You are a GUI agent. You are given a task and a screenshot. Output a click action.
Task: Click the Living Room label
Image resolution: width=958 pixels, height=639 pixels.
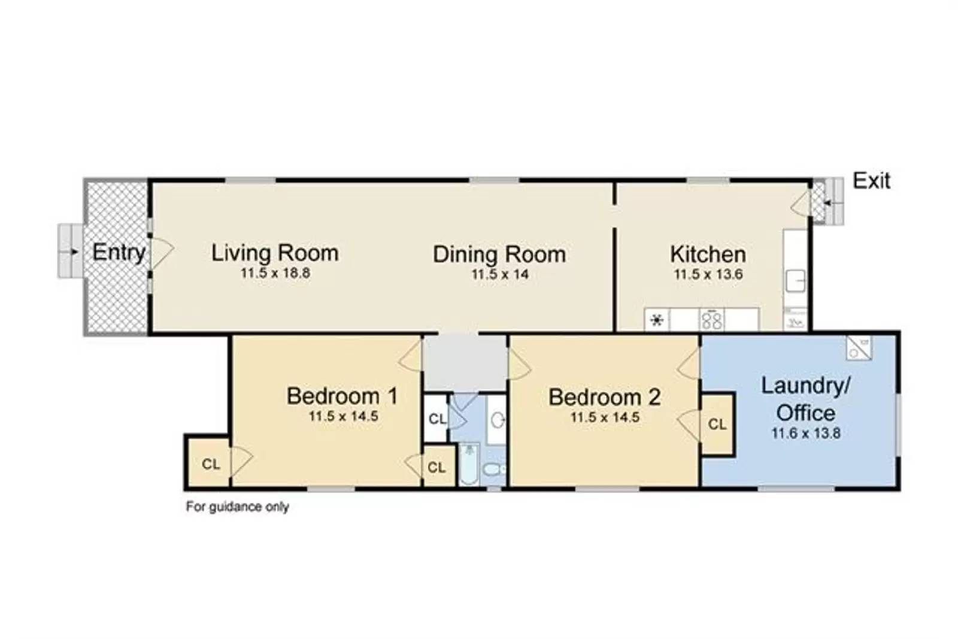pos(275,253)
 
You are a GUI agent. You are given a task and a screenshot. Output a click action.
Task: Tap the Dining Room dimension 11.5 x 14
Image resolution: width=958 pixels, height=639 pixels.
pos(499,275)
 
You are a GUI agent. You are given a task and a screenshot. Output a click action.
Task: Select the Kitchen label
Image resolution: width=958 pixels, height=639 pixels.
pos(708,255)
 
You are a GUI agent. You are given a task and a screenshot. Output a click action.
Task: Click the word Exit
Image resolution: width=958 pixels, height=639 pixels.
pos(871,181)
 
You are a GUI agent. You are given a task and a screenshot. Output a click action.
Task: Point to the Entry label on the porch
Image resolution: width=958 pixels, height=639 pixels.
pos(119,252)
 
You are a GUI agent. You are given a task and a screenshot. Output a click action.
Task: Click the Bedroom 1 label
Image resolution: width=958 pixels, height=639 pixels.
pos(342,396)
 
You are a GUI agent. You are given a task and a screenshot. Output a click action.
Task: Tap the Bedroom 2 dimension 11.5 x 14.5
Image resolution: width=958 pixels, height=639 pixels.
pos(605,417)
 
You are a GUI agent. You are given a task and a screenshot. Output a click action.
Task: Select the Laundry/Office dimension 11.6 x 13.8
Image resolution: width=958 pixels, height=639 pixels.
pos(806,433)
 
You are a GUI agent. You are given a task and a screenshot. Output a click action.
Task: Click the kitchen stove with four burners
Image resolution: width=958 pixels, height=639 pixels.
pos(711,319)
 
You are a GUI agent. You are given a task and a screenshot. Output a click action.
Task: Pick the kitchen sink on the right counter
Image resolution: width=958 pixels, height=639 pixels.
pos(795,280)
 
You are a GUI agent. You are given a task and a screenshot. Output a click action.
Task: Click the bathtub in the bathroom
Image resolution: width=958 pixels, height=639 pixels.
pos(469,465)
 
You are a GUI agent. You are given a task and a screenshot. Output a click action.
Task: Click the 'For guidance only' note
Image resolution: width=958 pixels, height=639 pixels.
pos(237,507)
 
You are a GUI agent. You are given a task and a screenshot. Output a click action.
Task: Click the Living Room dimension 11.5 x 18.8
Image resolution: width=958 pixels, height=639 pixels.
pos(275,274)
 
